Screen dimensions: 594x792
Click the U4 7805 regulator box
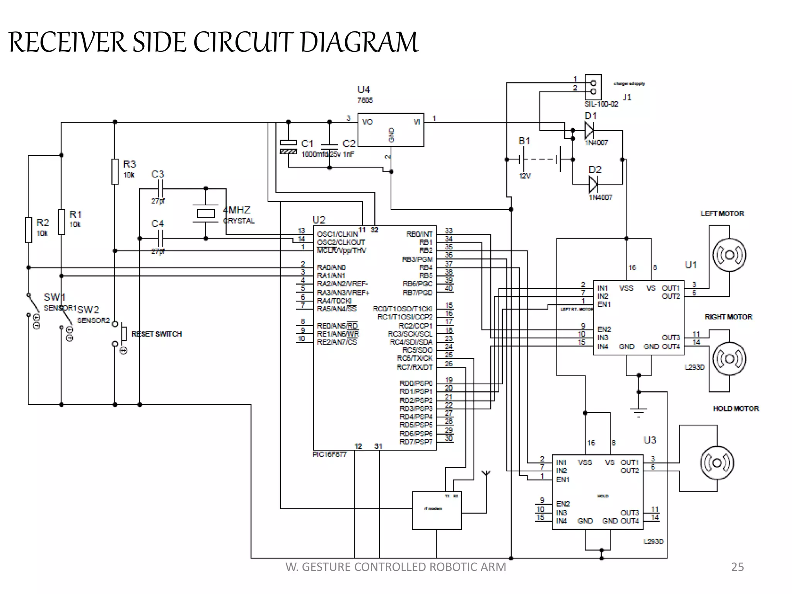coord(391,130)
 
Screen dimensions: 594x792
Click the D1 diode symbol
coord(589,130)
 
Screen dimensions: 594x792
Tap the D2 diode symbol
coord(593,184)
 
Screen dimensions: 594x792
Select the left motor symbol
coord(729,255)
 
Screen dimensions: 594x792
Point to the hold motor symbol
coord(717,463)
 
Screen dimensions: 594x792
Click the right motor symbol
coord(729,359)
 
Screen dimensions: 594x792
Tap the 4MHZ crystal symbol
coord(206,213)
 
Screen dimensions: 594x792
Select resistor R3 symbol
coord(115,171)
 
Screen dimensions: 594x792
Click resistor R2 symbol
coord(28,230)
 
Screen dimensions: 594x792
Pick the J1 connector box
coord(593,87)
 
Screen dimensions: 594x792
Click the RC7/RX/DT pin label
coord(414,367)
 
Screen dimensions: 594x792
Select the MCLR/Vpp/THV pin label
coord(341,251)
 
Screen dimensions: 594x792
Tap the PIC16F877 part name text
coord(329,454)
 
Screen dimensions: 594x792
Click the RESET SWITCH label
coord(157,334)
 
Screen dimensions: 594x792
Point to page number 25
coord(737,567)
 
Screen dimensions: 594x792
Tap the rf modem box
coord(437,510)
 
